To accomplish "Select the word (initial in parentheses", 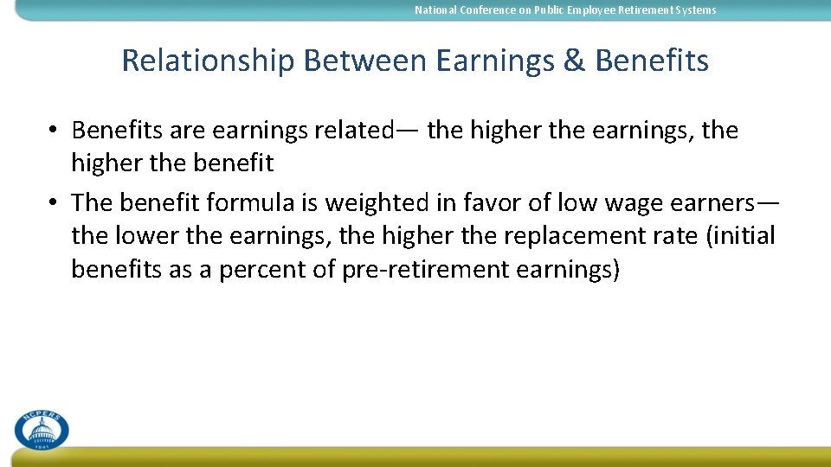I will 741,236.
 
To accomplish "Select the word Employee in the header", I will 611,10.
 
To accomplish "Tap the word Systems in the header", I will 696,10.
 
